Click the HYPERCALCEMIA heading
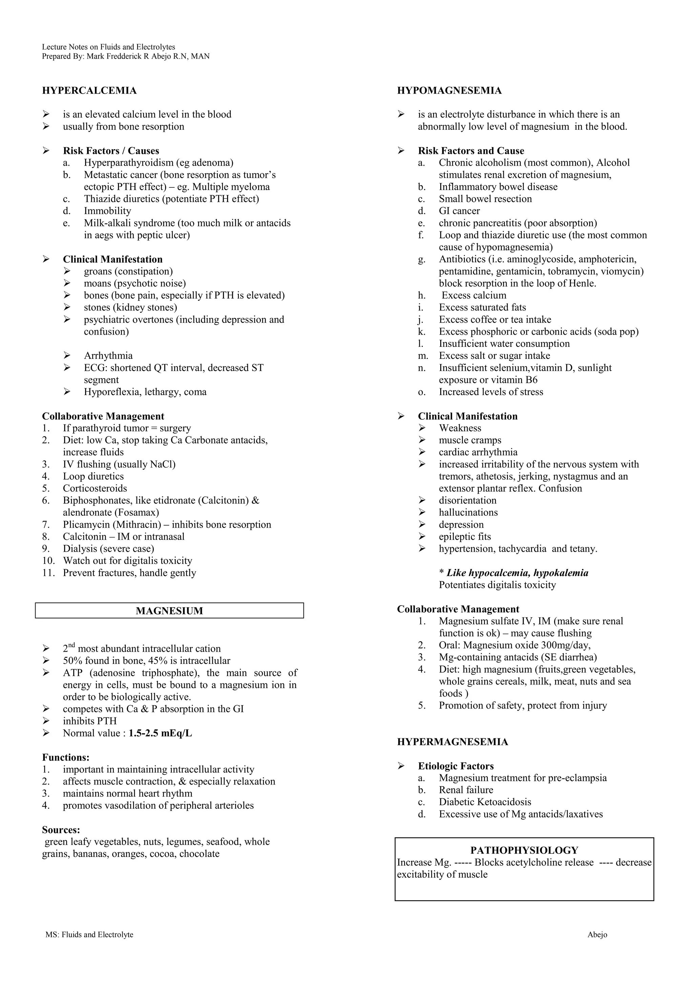pos(89,90)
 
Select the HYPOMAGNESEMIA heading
pos(449,90)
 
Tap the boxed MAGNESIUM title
pos(169,611)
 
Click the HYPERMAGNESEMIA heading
pos(452,742)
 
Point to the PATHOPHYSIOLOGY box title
pos(524,850)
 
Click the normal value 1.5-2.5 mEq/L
pos(160,733)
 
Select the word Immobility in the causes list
pos(107,211)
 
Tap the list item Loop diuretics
pos(93,476)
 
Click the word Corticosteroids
pos(95,488)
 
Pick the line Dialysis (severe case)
pos(108,549)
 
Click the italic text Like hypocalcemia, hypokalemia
pos(517,573)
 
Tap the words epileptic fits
pos(465,537)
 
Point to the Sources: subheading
pos(61,830)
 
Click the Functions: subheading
pos(66,758)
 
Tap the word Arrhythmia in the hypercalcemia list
pos(108,356)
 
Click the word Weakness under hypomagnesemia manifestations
pos(460,428)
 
